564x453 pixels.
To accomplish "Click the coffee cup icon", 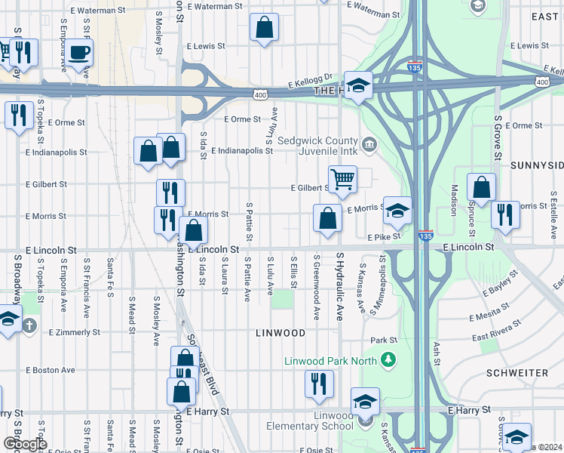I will tap(78, 52).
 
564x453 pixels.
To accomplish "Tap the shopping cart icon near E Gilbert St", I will tap(342, 179).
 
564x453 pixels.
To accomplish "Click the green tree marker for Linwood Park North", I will tap(388, 359).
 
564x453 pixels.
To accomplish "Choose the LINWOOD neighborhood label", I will tap(280, 332).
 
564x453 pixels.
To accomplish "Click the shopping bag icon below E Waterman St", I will tap(264, 29).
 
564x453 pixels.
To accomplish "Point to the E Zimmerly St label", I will tap(74, 332).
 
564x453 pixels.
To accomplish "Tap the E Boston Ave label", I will tap(51, 370).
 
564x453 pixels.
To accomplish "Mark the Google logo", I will tap(24, 444).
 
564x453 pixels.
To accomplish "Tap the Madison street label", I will tap(454, 199).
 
